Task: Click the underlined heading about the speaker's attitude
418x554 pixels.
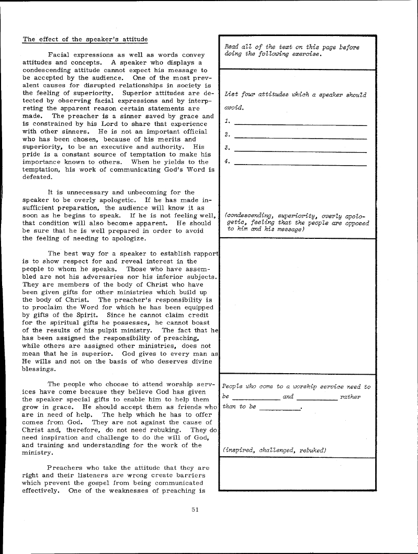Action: tap(85, 40)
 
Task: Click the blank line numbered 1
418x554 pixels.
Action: tap(300, 124)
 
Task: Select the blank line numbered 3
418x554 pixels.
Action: tap(300, 152)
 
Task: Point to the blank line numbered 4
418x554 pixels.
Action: tap(300, 165)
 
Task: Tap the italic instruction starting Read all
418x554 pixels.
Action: tap(291, 51)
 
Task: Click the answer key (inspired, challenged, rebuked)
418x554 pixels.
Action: tap(275, 449)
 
